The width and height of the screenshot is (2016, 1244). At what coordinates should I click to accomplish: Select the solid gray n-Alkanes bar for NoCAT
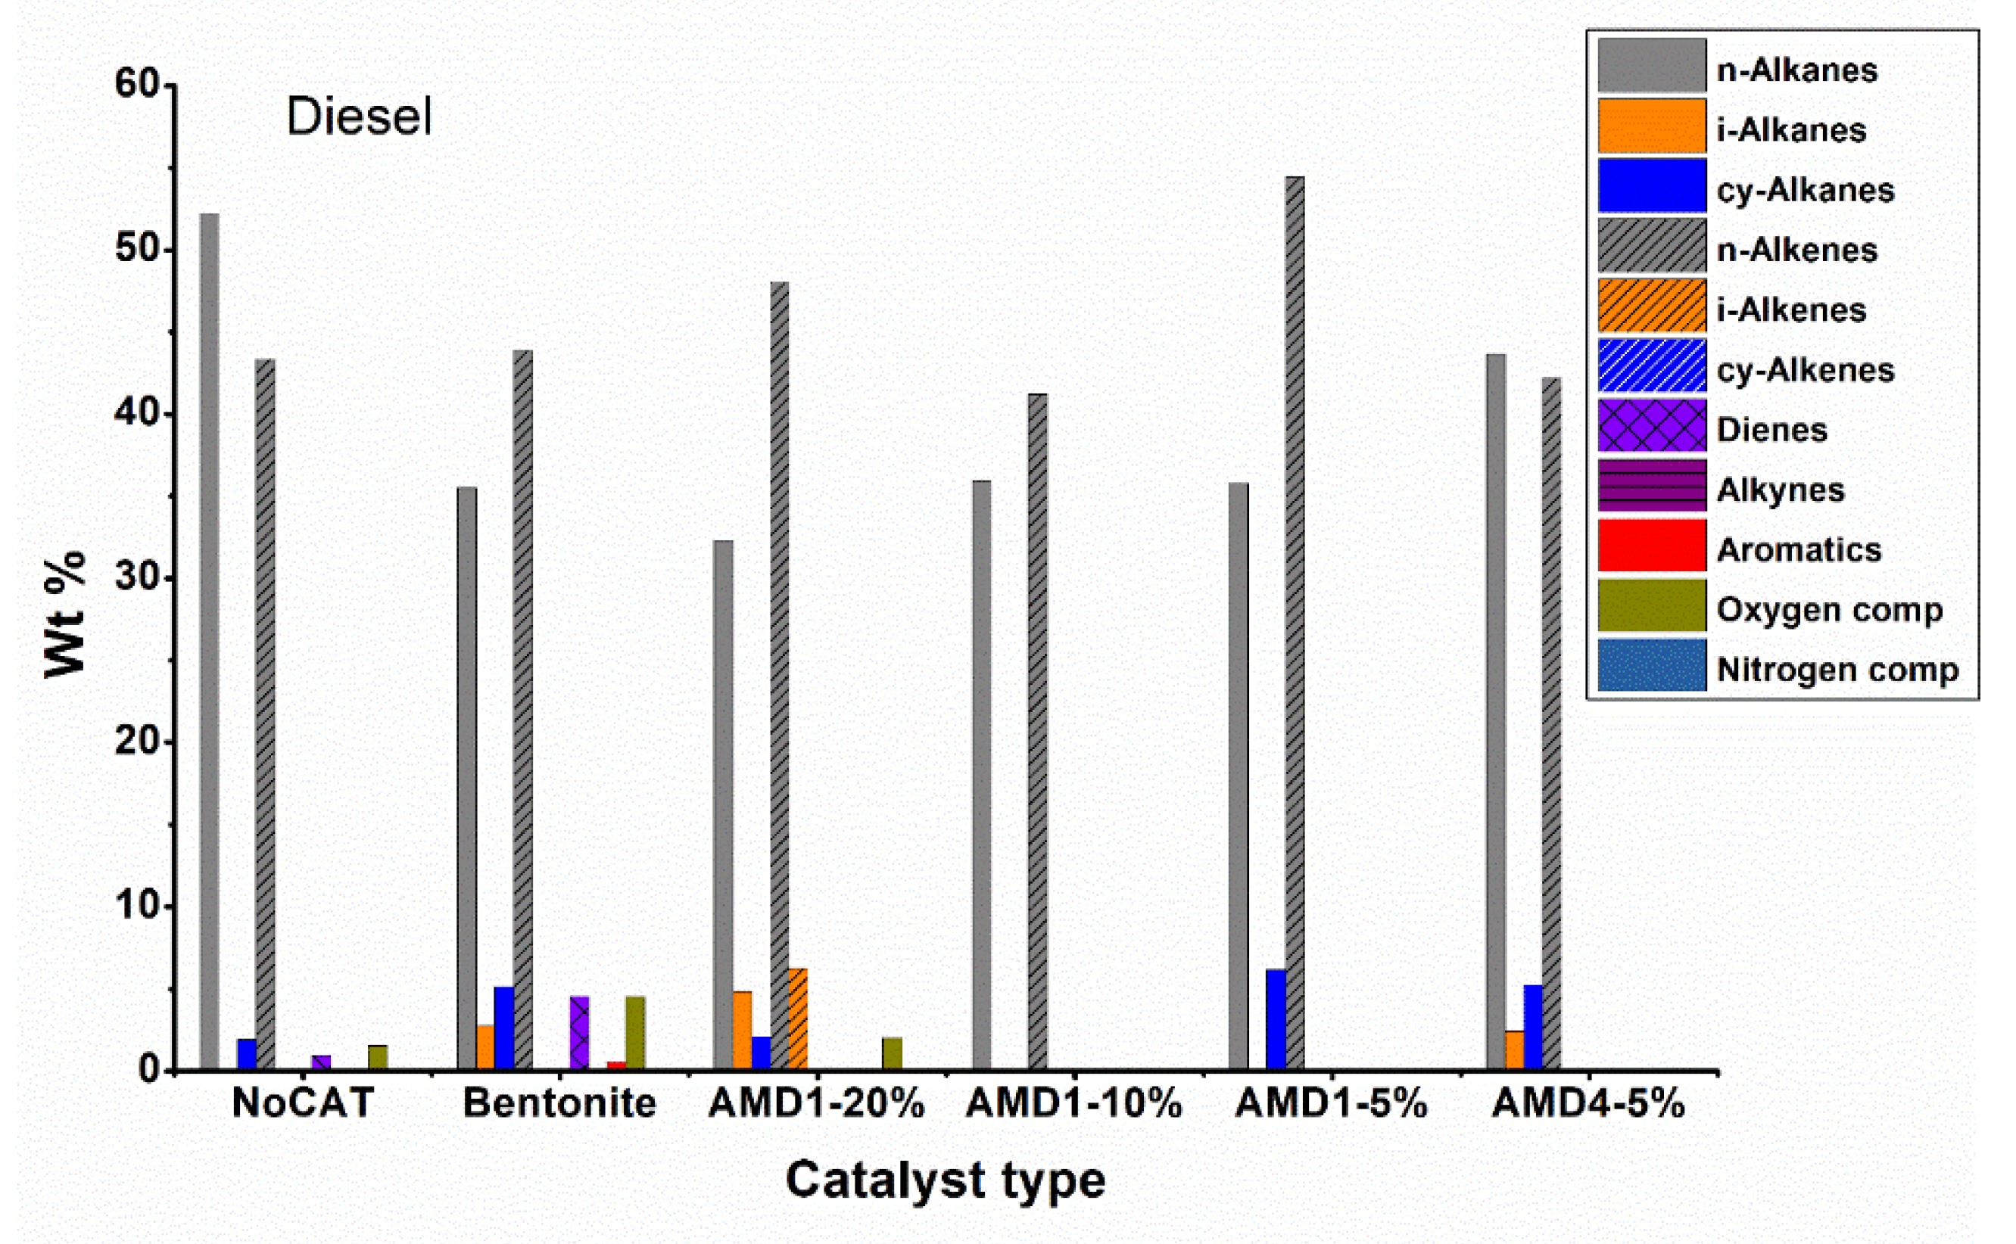point(210,642)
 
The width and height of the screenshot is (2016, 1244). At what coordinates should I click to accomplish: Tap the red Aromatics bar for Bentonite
point(615,1065)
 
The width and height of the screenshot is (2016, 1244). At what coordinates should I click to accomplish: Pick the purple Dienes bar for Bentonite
point(580,1033)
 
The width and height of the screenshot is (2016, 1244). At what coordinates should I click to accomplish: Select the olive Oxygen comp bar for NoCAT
point(377,1057)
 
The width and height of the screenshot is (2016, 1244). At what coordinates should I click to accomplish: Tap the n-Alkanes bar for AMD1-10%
point(981,774)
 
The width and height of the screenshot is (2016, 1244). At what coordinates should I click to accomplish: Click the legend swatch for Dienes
point(1651,425)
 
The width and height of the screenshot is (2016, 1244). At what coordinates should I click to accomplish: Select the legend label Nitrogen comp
point(1837,670)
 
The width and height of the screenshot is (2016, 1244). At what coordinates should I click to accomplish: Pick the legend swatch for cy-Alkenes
point(1651,365)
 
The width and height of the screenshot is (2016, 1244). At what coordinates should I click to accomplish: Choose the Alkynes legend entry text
point(1780,490)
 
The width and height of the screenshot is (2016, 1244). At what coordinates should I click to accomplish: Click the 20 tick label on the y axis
point(137,741)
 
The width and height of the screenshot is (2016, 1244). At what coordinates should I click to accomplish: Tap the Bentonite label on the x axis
point(559,1102)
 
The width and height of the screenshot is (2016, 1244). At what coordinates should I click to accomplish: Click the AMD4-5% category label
point(1588,1102)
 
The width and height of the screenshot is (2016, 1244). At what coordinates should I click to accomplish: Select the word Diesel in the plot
point(359,116)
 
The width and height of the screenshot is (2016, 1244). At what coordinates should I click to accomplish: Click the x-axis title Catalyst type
point(945,1180)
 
